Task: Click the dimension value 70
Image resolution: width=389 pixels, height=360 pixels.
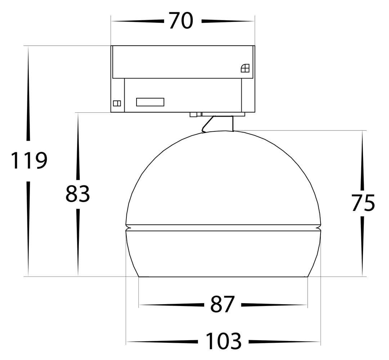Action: click(181, 21)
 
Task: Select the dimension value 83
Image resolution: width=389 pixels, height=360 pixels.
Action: click(78, 194)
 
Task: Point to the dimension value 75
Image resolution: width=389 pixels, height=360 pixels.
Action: click(363, 203)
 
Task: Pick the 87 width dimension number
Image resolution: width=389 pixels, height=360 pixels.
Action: click(223, 304)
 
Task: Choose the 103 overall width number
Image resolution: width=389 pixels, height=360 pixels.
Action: click(224, 341)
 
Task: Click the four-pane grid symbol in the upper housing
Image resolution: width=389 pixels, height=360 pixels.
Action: click(245, 68)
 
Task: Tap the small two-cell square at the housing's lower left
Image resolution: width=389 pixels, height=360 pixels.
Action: click(117, 103)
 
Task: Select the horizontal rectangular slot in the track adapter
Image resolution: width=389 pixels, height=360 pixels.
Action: click(150, 102)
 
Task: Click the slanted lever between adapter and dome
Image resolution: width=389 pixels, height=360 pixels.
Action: click(207, 124)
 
